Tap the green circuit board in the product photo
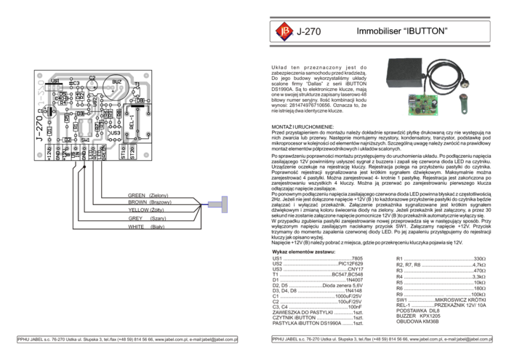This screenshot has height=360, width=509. point(422,103)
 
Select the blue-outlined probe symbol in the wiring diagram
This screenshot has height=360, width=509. point(219,204)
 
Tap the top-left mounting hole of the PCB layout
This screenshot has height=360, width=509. point(40,76)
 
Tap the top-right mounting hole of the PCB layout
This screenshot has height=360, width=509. point(146,76)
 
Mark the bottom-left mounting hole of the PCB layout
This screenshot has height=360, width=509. point(40,154)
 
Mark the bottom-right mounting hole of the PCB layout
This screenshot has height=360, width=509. point(146,154)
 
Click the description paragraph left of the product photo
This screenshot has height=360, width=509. point(318,89)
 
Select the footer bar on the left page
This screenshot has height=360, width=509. point(127,340)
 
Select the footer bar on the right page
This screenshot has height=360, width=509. point(380,340)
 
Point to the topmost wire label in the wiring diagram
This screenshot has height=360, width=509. point(148,195)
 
